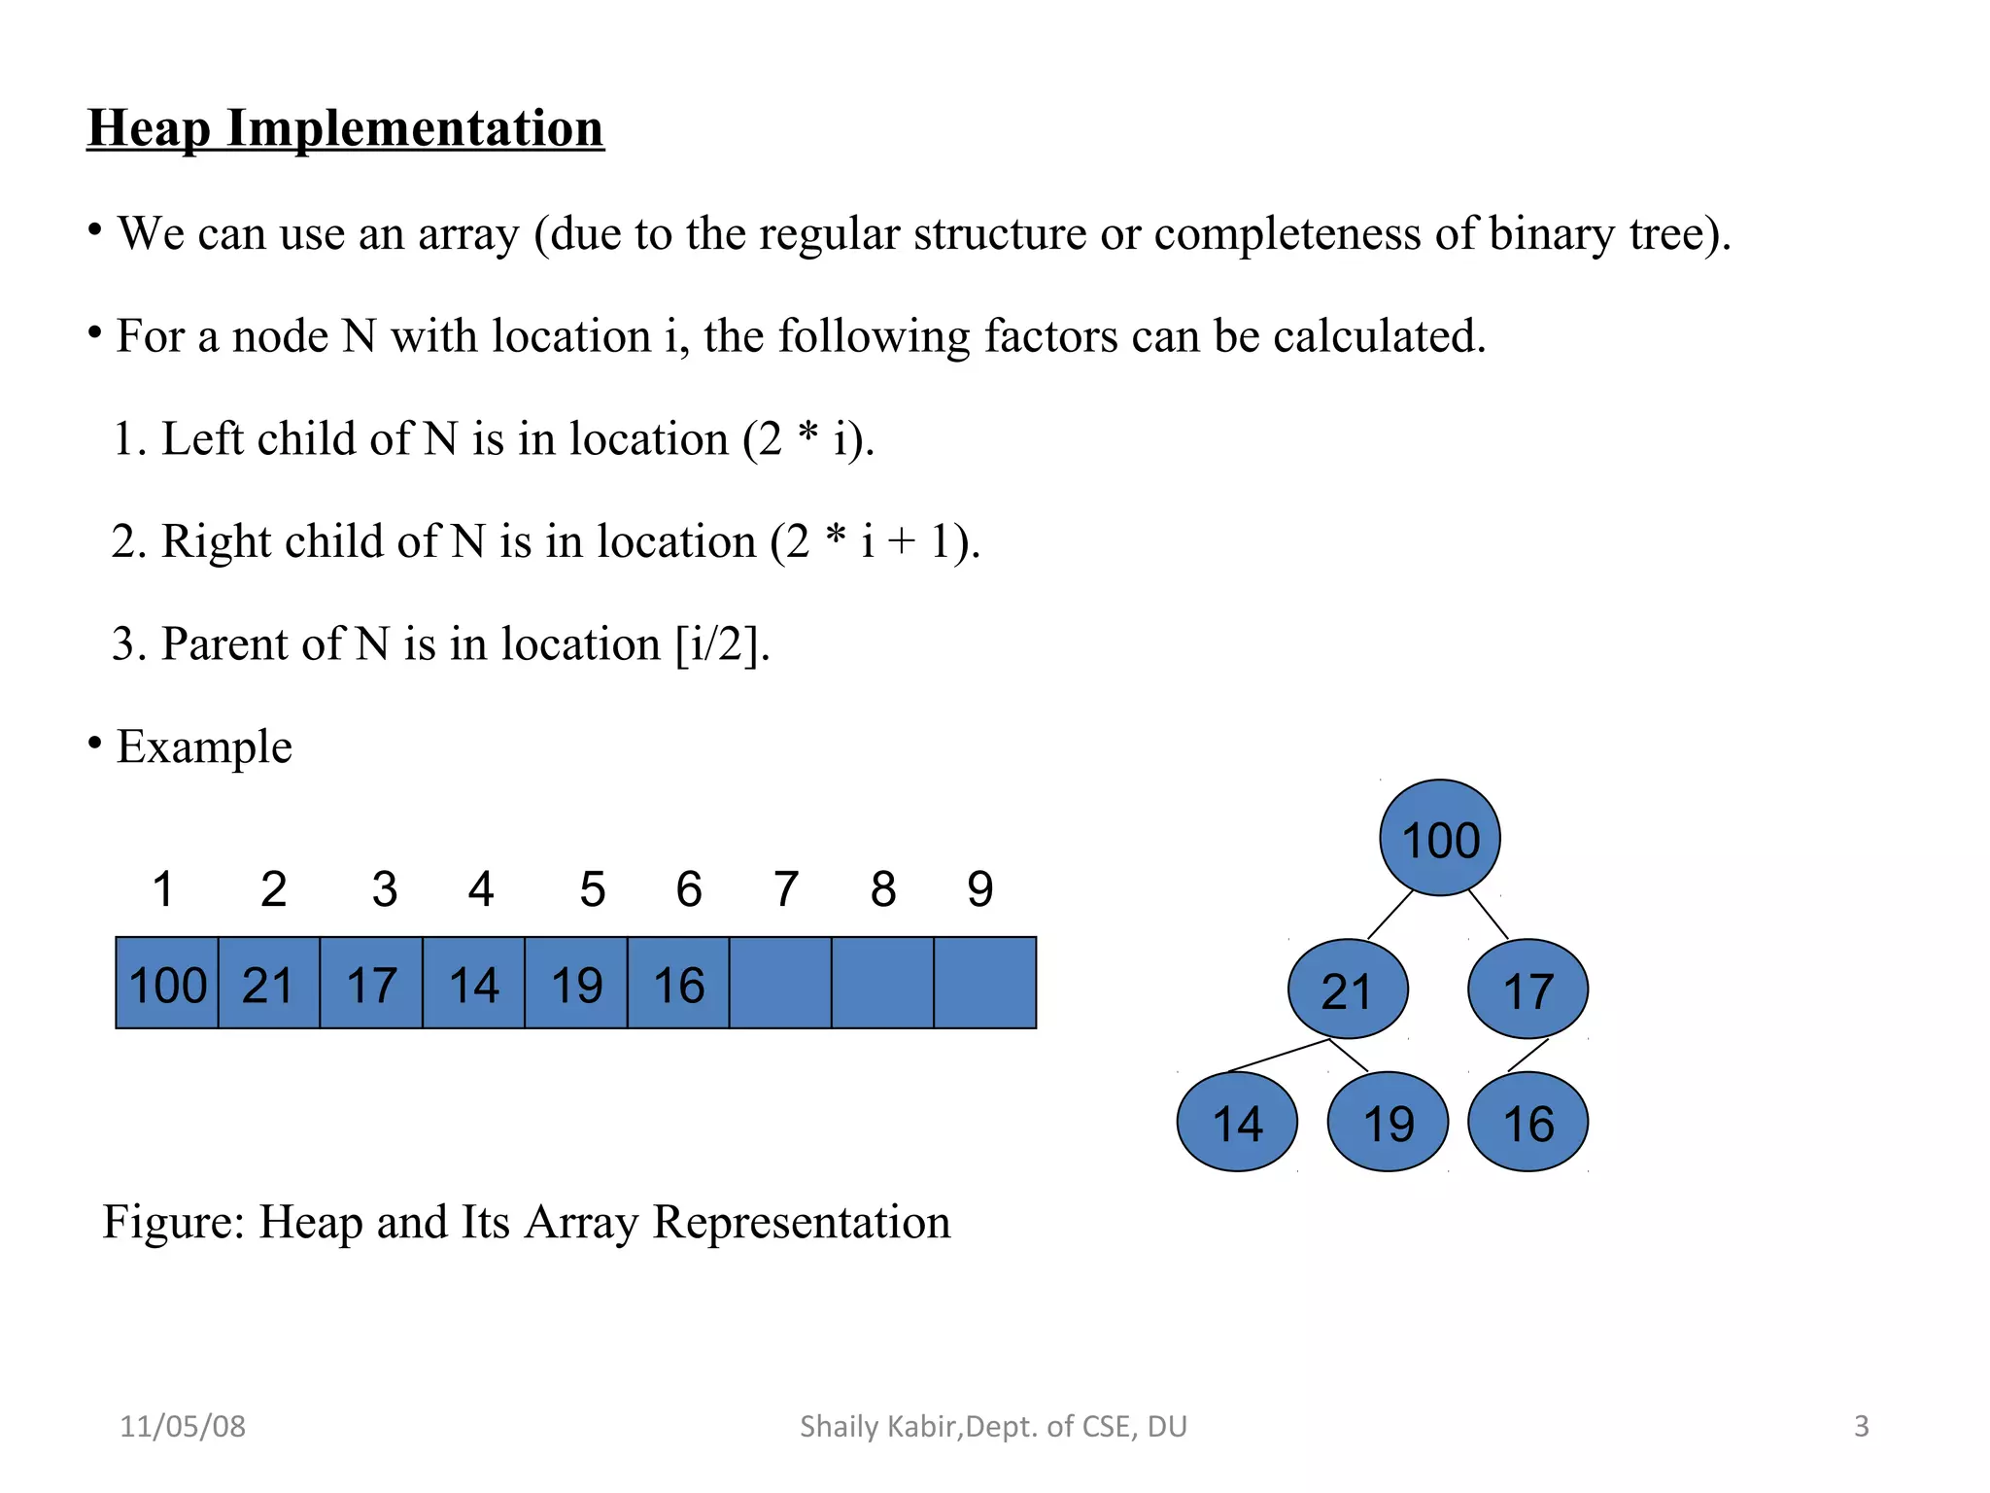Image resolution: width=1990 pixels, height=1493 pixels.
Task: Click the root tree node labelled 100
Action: point(1439,838)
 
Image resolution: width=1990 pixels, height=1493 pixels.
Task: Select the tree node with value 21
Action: point(1348,990)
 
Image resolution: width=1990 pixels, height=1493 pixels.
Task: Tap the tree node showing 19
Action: point(1388,1122)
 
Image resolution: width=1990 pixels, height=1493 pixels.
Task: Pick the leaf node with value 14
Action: point(1237,1122)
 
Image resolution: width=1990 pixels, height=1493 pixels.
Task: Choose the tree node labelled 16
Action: point(1527,1122)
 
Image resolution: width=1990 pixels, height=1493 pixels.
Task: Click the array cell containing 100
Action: point(167,983)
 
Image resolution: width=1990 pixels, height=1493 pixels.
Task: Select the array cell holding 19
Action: point(576,983)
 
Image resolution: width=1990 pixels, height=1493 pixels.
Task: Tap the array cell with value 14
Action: point(473,983)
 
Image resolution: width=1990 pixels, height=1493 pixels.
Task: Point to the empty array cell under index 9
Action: point(984,983)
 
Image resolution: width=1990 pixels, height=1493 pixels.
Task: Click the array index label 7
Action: point(786,888)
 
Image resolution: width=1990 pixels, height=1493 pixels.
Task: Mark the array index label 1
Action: point(163,888)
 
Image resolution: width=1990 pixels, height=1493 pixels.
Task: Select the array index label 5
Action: point(593,888)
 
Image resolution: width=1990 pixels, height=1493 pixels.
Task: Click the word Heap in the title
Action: point(149,129)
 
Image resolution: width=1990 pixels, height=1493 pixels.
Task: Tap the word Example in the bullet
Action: point(204,746)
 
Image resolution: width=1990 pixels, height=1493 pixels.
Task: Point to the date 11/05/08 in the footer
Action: point(183,1426)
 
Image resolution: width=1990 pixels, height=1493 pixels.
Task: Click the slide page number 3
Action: point(1861,1426)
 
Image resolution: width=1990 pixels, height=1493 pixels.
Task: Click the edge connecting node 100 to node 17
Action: point(1488,914)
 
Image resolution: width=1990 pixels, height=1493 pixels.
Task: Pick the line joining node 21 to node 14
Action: point(1280,1056)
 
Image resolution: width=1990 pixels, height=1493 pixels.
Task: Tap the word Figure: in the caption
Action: point(173,1222)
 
